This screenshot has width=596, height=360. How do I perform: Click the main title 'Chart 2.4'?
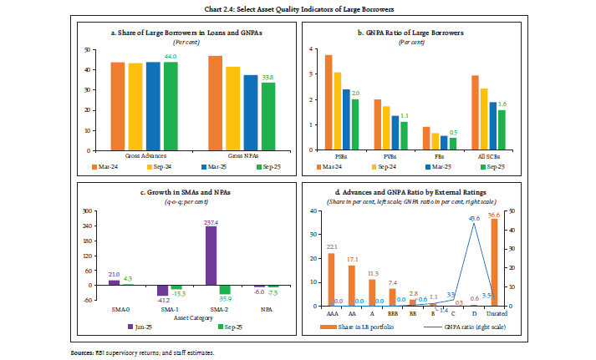pyautogui.click(x=298, y=8)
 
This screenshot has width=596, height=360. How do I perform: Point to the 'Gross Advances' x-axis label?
pyautogui.click(x=142, y=155)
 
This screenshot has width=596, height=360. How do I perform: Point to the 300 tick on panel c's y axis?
pyautogui.click(x=88, y=211)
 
